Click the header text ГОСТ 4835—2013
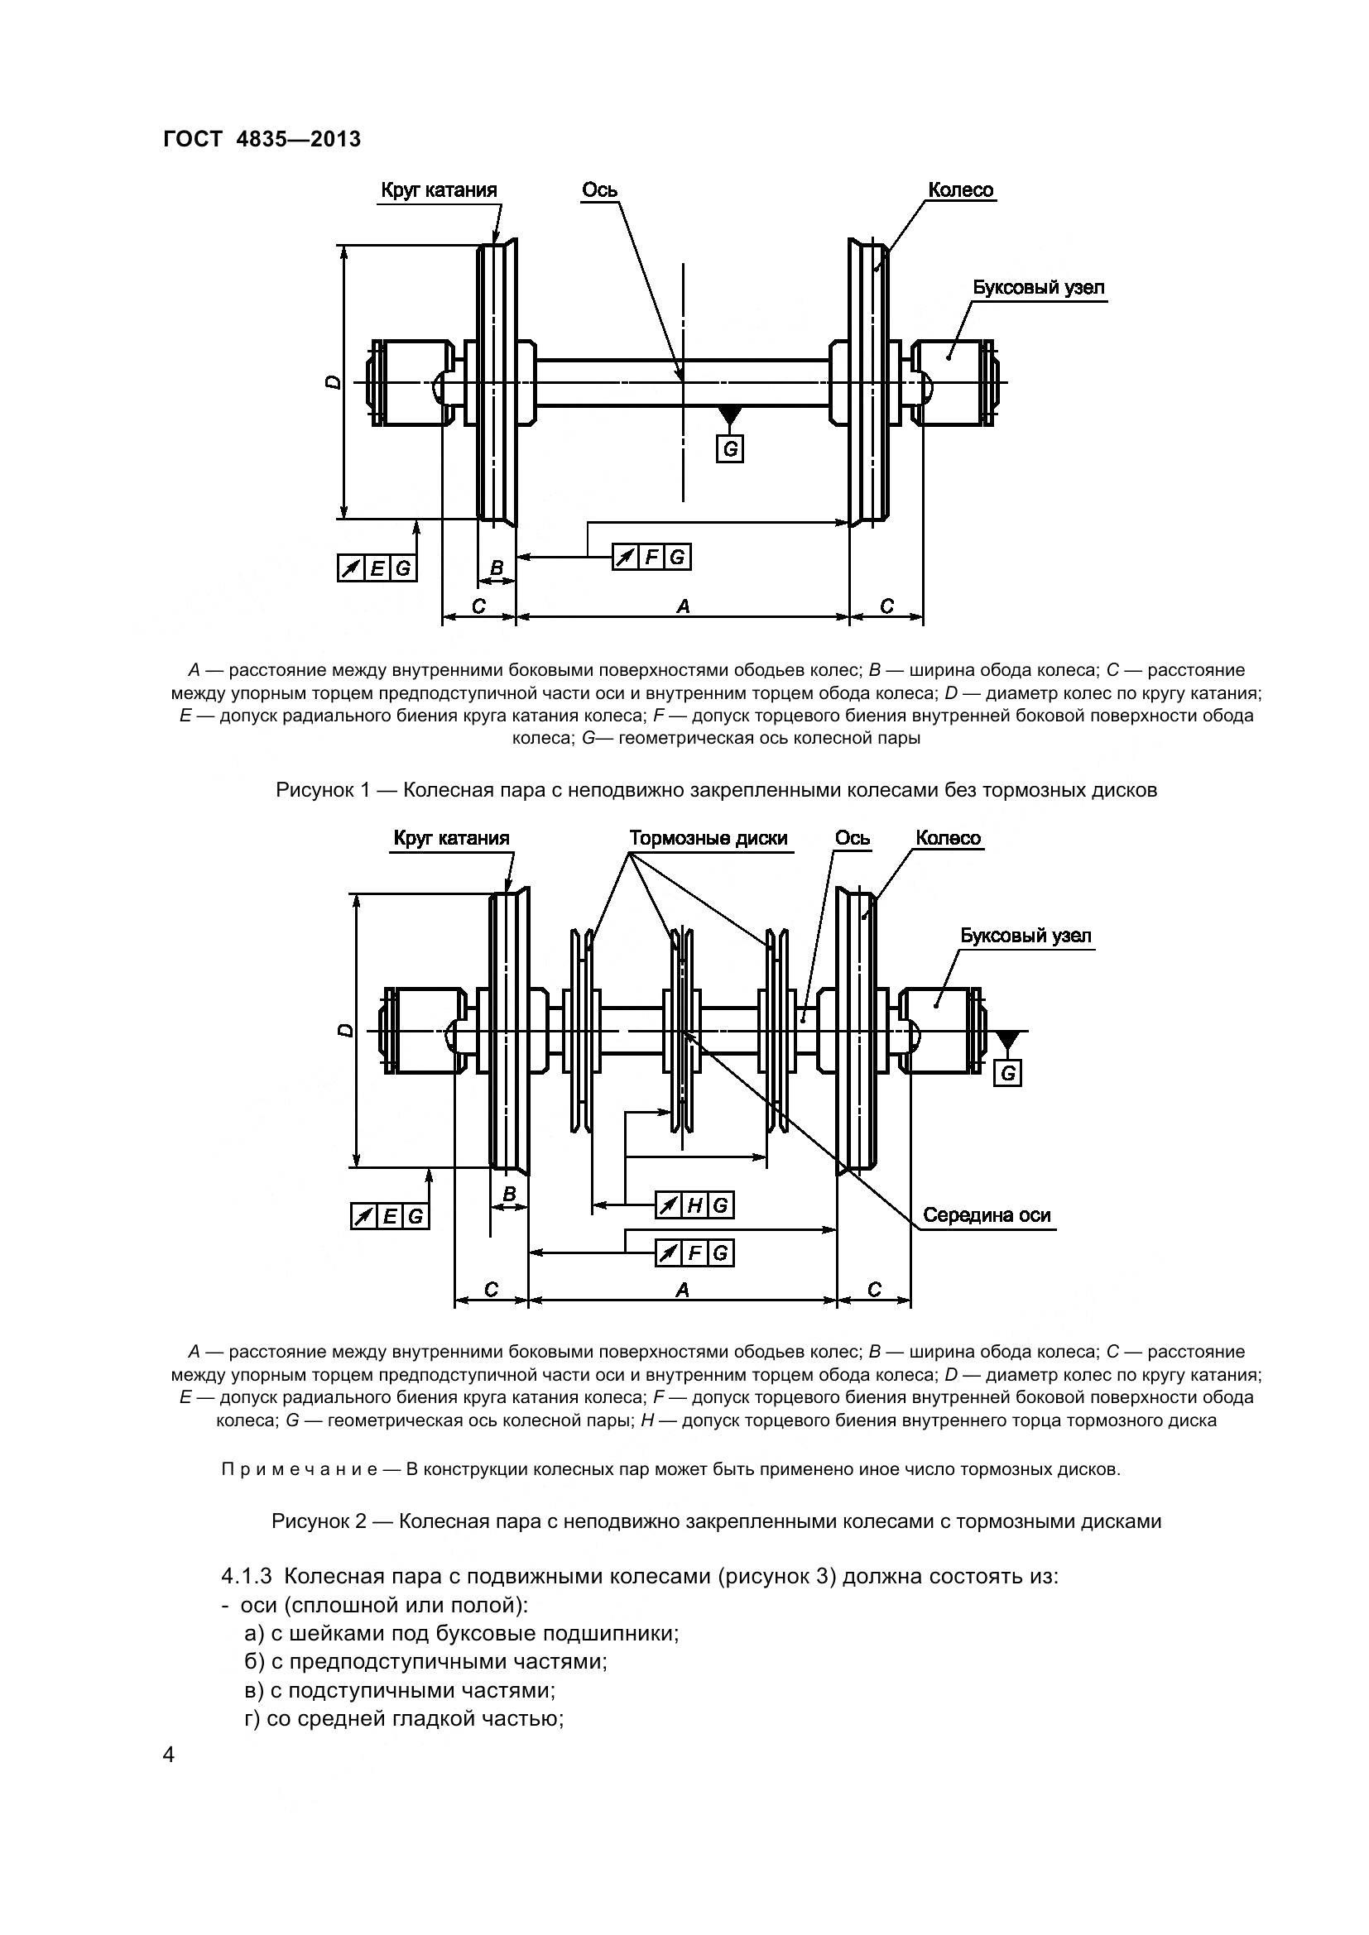point(262,139)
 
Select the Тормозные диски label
point(709,839)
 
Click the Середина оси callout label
point(987,1215)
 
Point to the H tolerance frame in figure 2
point(694,1206)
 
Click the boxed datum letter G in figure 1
point(730,449)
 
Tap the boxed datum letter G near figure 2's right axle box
point(1007,1074)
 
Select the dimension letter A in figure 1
point(683,606)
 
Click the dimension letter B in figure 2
point(508,1195)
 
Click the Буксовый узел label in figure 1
point(1039,287)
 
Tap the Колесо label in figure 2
point(949,839)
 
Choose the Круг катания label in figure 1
point(439,190)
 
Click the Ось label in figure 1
point(599,190)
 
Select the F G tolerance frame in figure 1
point(651,557)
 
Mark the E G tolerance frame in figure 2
point(390,1217)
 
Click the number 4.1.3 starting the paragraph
point(246,1575)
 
